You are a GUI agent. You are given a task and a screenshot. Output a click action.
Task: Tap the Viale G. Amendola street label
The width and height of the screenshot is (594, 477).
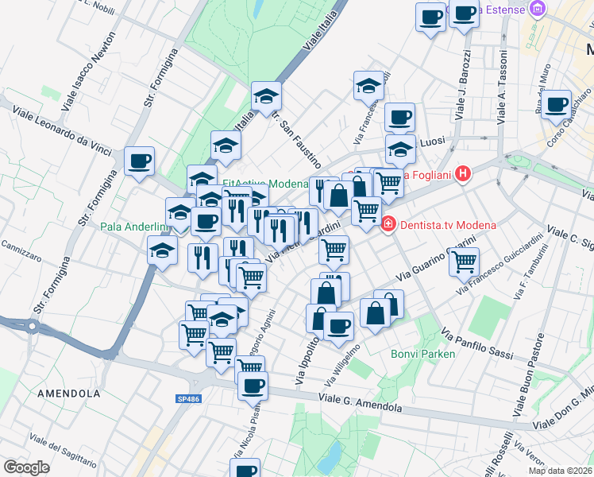(x=360, y=401)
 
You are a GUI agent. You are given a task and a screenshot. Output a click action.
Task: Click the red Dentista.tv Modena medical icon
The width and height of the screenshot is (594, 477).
(x=388, y=225)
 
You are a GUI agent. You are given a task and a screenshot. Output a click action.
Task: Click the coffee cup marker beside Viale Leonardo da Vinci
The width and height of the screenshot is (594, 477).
(x=141, y=161)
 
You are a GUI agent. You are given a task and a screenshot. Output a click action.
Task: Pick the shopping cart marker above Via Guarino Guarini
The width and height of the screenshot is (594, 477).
(x=464, y=260)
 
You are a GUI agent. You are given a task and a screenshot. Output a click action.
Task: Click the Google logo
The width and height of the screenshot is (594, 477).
(x=27, y=467)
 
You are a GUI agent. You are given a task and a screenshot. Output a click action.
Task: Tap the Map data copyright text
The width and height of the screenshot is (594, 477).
(x=560, y=471)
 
